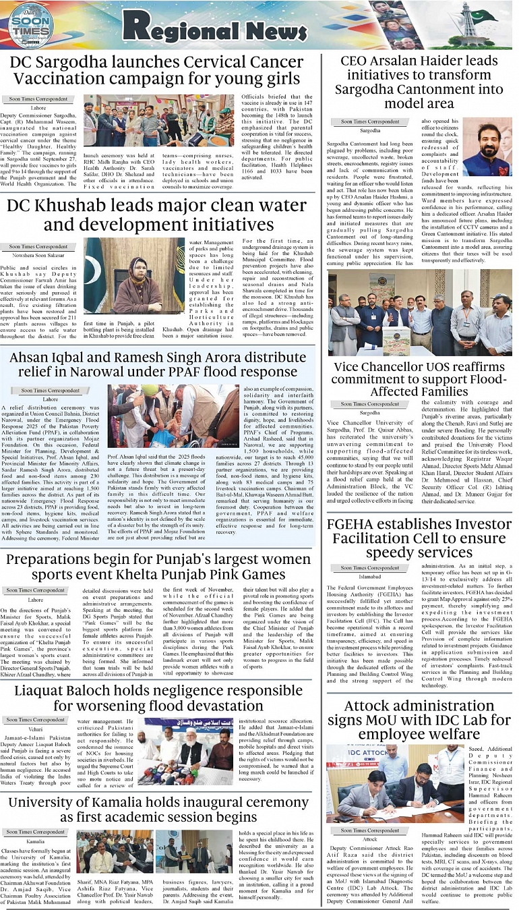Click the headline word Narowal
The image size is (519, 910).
pos(125,371)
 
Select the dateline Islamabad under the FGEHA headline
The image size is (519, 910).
pos(370,577)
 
